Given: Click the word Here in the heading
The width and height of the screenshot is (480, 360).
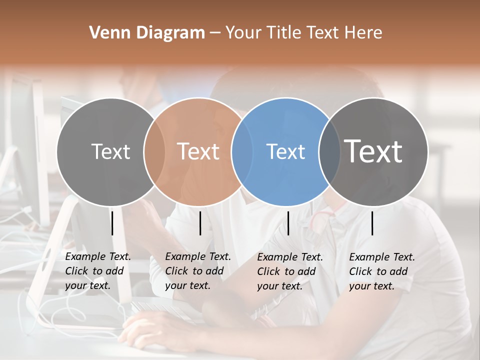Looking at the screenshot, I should (x=364, y=33).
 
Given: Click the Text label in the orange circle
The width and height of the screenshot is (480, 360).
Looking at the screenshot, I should (x=198, y=151).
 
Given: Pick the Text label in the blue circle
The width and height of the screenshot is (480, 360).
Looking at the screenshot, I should (x=285, y=151).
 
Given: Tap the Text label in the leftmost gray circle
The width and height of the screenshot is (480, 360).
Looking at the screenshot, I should (x=110, y=151).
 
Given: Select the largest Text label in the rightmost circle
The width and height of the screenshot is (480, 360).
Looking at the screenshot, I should (x=373, y=151).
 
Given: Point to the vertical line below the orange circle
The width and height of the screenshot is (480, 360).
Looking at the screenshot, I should (x=200, y=223).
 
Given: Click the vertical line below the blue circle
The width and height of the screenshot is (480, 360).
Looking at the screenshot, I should (x=288, y=223).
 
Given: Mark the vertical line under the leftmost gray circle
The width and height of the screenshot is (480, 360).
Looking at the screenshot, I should (x=112, y=223).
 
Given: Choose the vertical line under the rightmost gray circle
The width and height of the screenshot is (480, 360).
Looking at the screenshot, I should (x=372, y=223).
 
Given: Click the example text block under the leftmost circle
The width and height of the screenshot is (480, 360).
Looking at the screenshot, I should (x=97, y=271).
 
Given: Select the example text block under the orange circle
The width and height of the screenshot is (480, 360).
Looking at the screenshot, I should (x=197, y=271).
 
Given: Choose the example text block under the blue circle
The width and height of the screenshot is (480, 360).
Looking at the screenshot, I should (x=289, y=271).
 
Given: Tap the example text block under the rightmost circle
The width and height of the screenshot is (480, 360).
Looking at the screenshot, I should (x=381, y=271).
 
